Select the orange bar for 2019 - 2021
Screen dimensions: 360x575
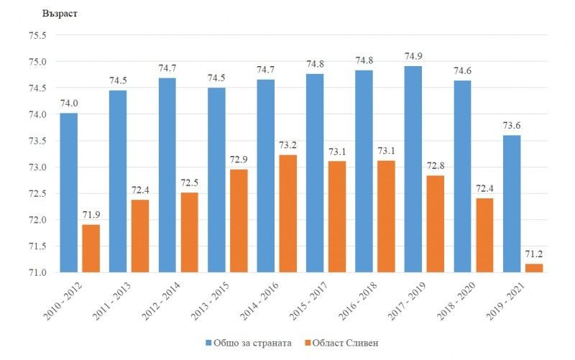pos(534,268)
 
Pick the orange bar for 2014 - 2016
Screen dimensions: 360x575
pos(287,213)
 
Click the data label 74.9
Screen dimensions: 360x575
pos(413,56)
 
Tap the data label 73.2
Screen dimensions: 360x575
pos(287,144)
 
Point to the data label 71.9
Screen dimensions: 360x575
pos(91,215)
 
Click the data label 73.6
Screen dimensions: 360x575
pos(512,125)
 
